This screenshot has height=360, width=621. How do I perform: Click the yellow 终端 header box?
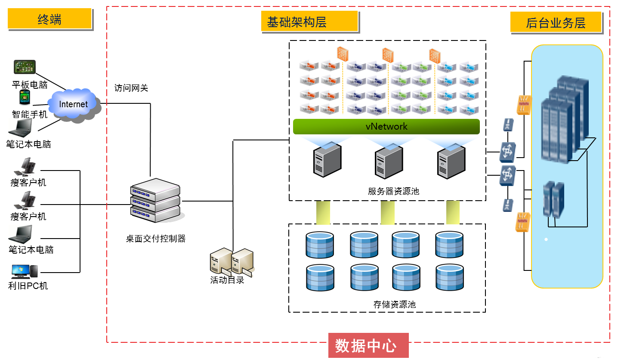(x=49, y=19)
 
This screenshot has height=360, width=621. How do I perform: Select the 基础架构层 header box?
(x=309, y=22)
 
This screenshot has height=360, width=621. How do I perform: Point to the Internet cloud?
(x=73, y=104)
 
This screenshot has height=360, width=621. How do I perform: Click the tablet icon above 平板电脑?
(x=25, y=67)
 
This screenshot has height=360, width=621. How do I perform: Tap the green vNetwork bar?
(x=386, y=127)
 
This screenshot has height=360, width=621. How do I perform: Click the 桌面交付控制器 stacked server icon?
(x=155, y=200)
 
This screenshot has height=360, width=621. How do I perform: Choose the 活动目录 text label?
(x=227, y=280)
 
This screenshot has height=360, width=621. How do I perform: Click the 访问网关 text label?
(x=131, y=88)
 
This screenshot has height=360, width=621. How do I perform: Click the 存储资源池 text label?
(x=394, y=304)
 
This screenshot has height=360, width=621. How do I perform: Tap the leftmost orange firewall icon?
(x=342, y=54)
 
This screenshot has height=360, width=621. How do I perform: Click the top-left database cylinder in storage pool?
(x=319, y=244)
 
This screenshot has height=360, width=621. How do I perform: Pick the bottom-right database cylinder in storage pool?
(x=449, y=278)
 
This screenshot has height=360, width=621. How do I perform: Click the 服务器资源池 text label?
(x=393, y=191)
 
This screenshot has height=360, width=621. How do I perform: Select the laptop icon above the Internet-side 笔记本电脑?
(x=21, y=127)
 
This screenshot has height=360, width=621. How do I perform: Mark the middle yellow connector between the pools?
(x=387, y=212)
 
